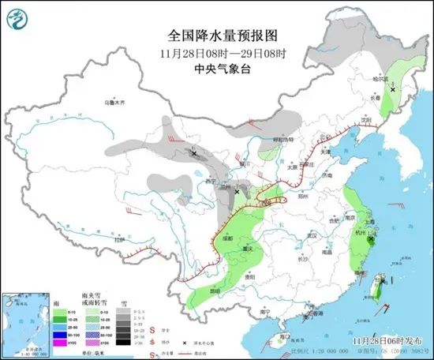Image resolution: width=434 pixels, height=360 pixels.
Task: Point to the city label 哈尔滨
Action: coord(381,79)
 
